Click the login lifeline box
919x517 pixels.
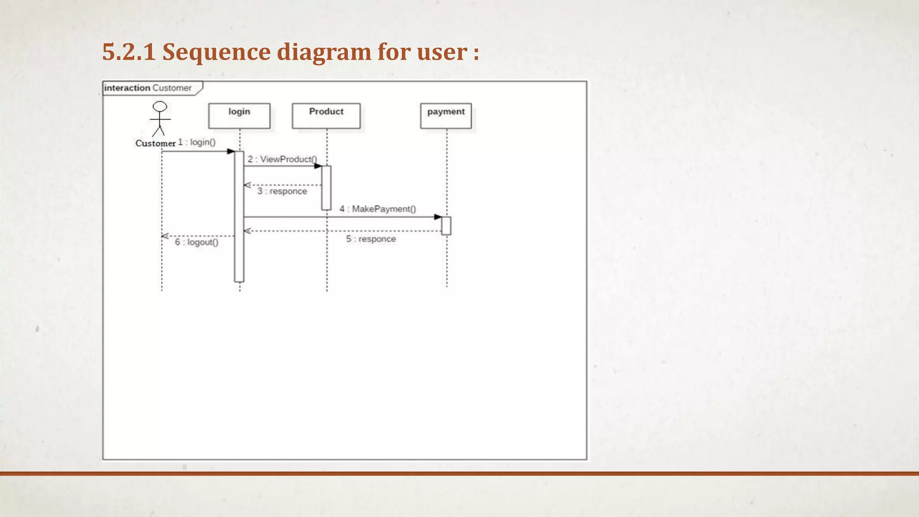(239, 116)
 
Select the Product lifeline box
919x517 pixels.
(326, 116)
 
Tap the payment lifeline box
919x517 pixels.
(446, 116)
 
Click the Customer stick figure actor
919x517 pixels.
(160, 119)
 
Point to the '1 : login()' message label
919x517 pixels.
(197, 142)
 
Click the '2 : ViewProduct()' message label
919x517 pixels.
(282, 159)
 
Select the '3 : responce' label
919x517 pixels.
(282, 191)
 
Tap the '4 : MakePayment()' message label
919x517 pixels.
(378, 209)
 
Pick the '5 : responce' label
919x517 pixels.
(371, 239)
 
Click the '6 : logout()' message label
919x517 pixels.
(197, 242)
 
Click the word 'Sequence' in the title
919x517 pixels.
(216, 52)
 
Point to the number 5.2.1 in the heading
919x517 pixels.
(129, 52)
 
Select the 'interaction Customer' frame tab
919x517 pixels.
(148, 88)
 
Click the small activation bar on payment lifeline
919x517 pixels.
(446, 226)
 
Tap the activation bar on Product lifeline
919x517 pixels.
(326, 188)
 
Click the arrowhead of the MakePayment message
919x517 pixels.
(438, 217)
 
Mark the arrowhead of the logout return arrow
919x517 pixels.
(165, 236)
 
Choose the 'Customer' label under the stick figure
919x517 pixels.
(155, 144)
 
